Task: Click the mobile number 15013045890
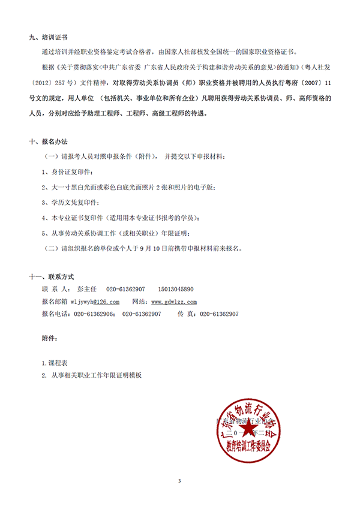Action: (x=174, y=289)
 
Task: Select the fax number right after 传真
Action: (x=219, y=314)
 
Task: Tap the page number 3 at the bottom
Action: (x=180, y=481)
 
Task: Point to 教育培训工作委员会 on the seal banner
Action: (x=248, y=447)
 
